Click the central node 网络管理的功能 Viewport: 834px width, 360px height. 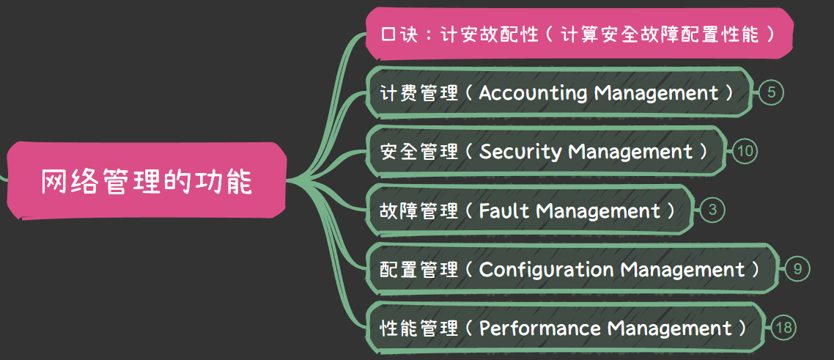[x=146, y=181]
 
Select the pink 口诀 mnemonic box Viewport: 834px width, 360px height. [x=579, y=34]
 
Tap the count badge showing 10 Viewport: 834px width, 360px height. [x=745, y=152]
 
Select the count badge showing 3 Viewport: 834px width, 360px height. [x=712, y=210]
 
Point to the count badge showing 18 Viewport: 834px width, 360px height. [x=783, y=328]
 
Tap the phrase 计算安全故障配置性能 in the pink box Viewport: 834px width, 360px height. [x=659, y=34]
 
